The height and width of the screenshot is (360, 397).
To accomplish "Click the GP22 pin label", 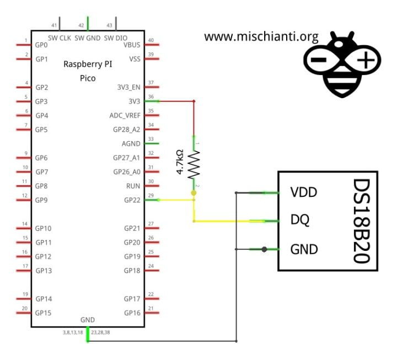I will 132,200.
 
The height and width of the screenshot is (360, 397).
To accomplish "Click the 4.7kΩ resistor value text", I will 180,162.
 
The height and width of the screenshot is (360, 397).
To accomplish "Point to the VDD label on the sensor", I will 304,192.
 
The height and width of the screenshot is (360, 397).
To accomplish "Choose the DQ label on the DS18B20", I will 300,220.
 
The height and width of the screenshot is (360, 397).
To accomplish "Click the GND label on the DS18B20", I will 304,249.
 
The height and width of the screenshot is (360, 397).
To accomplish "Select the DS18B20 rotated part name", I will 361,221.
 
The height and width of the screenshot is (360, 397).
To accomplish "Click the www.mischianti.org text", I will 261,37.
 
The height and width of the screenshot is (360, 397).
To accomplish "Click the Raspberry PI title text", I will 88,64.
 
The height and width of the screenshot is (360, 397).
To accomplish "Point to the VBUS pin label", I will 131,45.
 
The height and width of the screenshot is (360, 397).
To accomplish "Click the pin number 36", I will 151,96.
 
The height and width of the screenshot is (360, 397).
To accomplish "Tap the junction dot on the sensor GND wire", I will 265,249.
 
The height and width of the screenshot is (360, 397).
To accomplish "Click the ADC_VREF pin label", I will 125,115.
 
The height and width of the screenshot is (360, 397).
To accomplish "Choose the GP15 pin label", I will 44,313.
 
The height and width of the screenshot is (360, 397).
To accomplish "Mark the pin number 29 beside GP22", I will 151,195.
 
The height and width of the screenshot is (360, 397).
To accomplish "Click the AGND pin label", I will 131,143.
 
